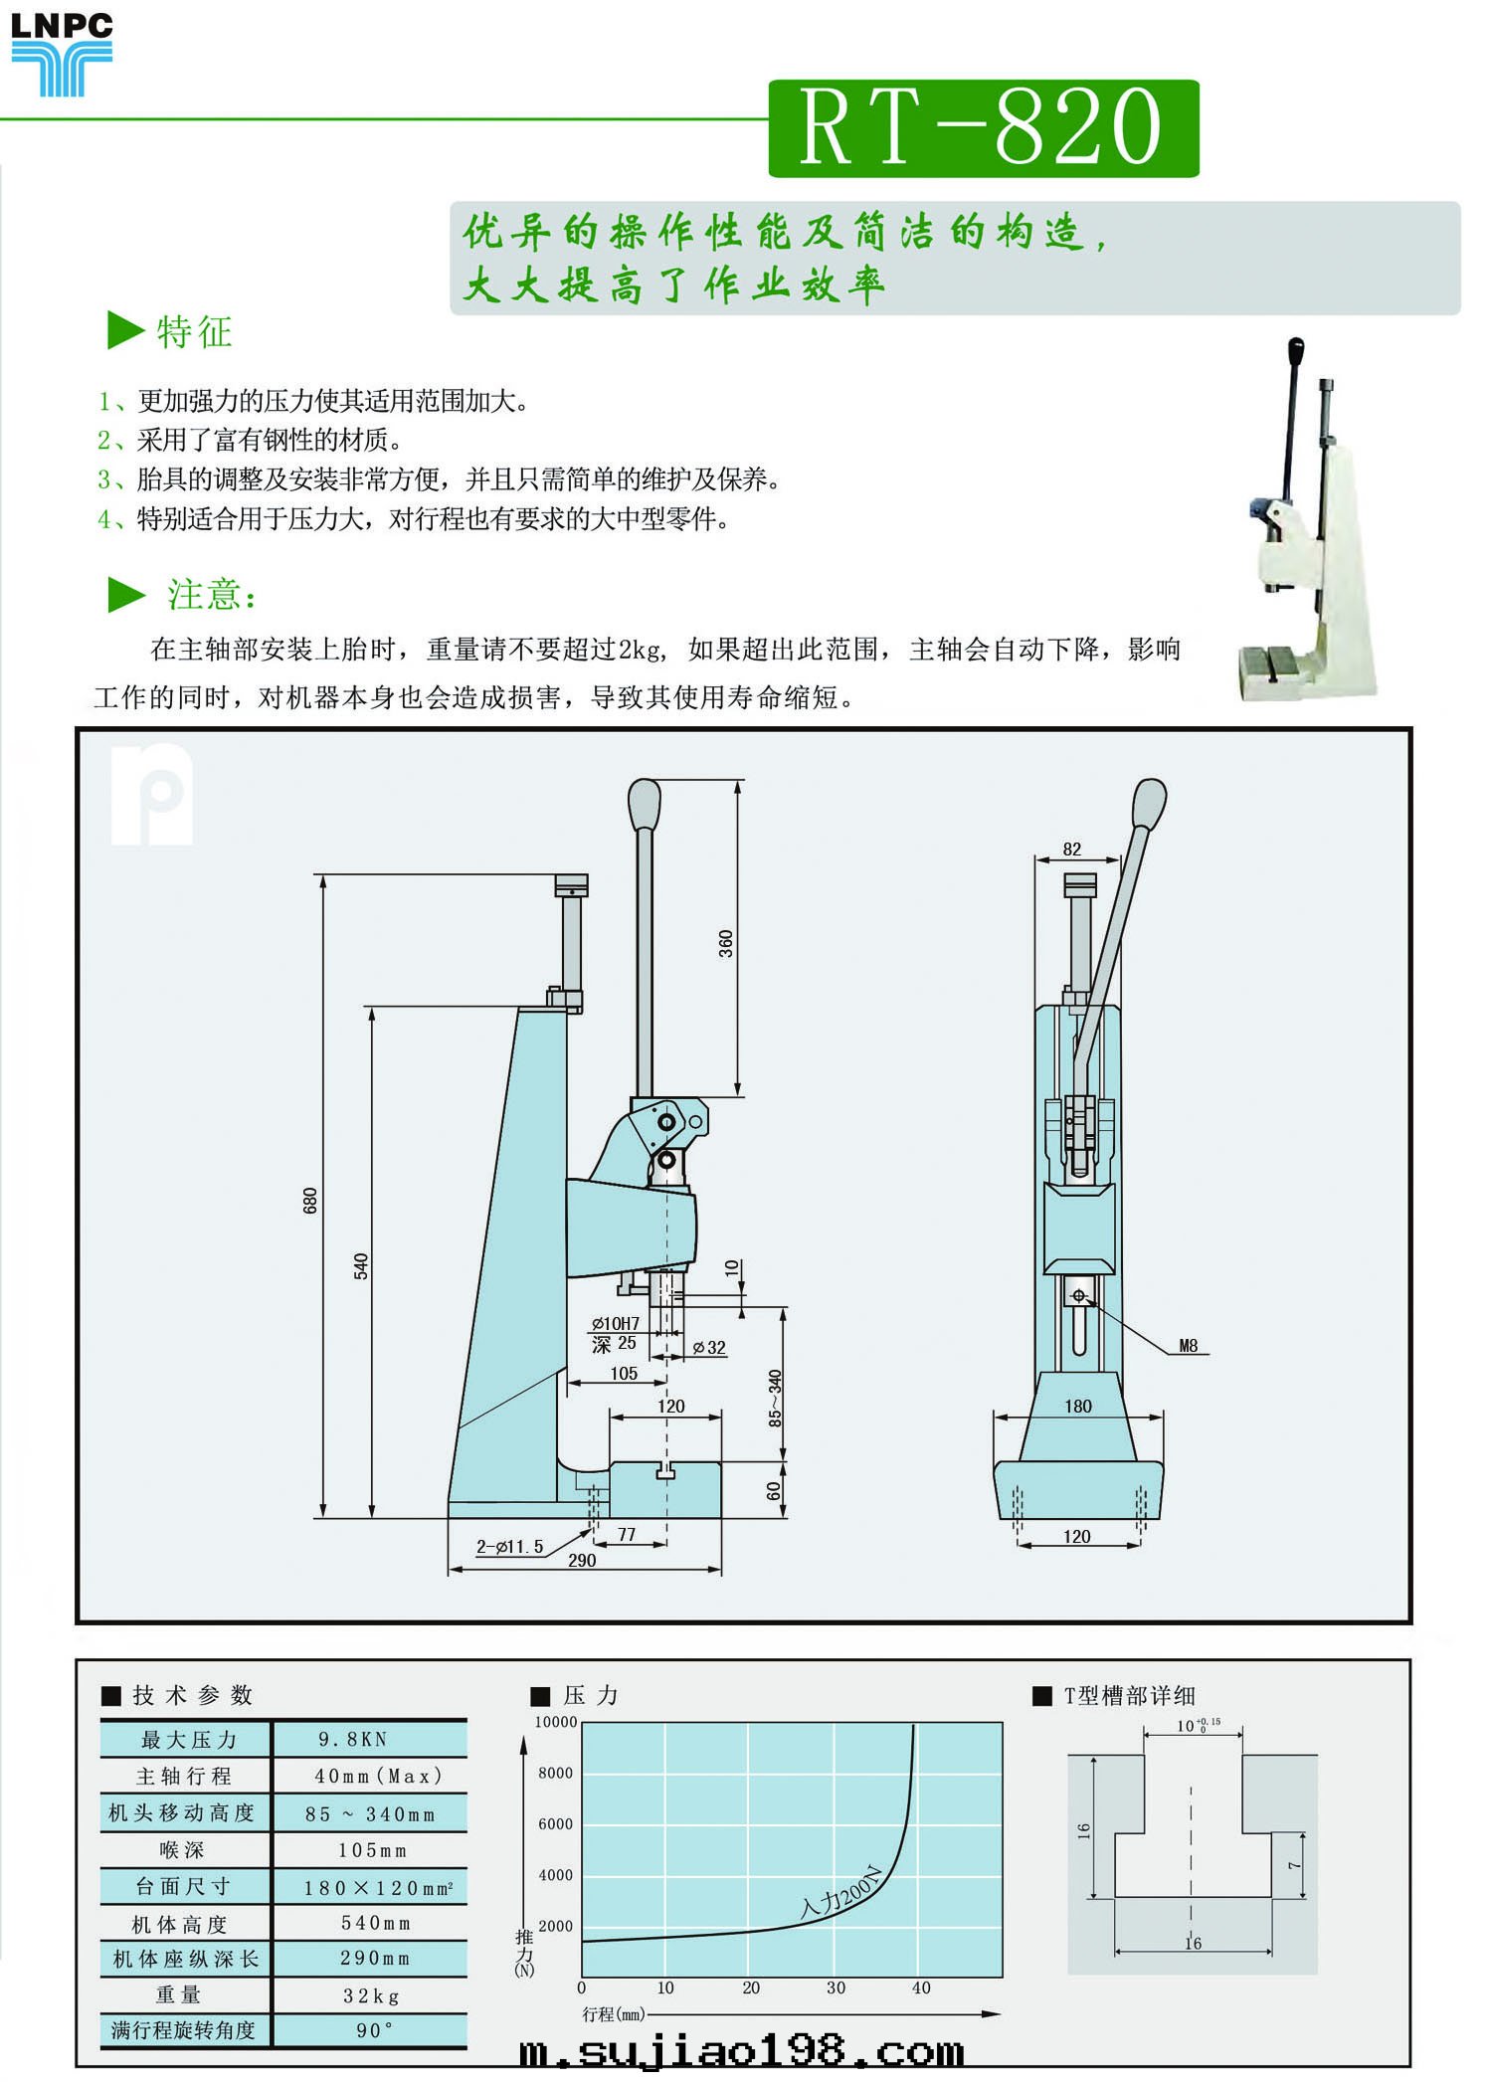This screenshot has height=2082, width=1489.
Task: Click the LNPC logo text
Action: [61, 25]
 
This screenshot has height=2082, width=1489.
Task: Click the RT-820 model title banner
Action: [983, 128]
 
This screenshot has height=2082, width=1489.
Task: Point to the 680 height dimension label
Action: [309, 1200]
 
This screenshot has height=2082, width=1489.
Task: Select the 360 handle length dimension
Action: [726, 943]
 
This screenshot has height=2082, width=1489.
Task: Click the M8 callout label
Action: [1188, 1346]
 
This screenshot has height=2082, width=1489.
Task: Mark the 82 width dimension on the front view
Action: [1071, 849]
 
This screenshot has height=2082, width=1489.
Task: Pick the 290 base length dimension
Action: [582, 1561]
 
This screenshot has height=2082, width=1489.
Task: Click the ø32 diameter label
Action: [709, 1348]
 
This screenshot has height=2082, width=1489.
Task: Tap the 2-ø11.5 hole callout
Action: [509, 1547]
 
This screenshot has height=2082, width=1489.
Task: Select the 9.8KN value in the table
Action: [353, 1739]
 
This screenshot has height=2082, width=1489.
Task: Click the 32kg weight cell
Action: [371, 1995]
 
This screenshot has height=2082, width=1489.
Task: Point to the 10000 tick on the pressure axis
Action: [556, 1722]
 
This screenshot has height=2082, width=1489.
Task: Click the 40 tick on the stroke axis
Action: [921, 1987]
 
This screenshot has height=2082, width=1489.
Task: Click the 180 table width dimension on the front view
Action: [1078, 1406]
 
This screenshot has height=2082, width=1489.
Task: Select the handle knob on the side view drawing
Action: [645, 803]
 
